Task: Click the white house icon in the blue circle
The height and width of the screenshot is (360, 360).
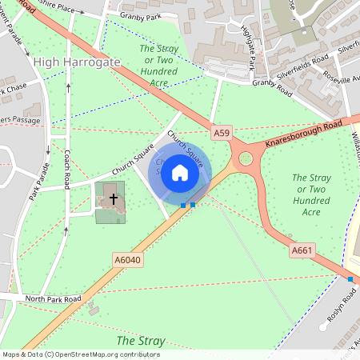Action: coord(180,173)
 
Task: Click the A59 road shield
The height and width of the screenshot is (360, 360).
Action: coord(222,130)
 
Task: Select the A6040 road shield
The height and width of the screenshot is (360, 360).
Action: coord(127,260)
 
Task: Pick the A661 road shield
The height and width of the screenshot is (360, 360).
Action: coord(302,250)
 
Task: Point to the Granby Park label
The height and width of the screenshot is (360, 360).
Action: coord(141,15)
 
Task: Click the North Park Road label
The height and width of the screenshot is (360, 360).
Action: coord(54,298)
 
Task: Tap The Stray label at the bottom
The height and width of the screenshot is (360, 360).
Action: coord(141,341)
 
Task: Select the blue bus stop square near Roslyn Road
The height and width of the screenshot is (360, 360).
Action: coord(350,278)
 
